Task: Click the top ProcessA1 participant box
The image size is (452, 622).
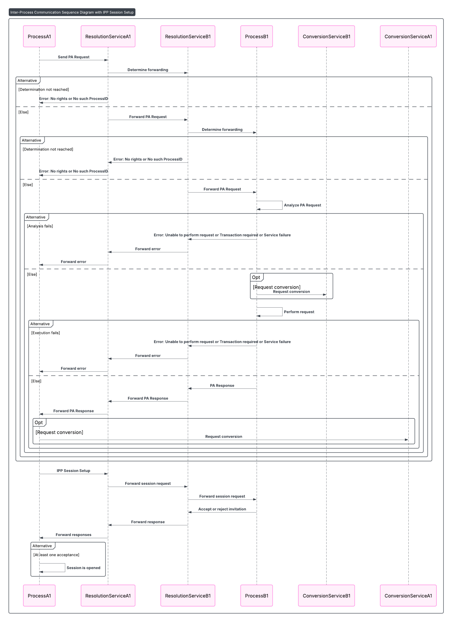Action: pyautogui.click(x=39, y=36)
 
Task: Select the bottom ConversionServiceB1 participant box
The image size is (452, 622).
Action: pyautogui.click(x=326, y=596)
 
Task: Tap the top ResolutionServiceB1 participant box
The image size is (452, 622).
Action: pyautogui.click(x=188, y=36)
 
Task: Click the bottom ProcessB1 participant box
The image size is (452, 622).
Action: pyautogui.click(x=256, y=596)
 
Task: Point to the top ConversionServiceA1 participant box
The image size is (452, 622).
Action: pyautogui.click(x=408, y=36)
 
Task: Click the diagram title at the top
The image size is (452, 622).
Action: pyautogui.click(x=72, y=12)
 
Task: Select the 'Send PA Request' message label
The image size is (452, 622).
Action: pyautogui.click(x=74, y=57)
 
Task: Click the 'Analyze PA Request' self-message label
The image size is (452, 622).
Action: pyautogui.click(x=302, y=205)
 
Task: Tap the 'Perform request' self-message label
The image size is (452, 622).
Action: pyautogui.click(x=299, y=312)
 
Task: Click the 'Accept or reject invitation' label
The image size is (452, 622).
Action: pyautogui.click(x=222, y=509)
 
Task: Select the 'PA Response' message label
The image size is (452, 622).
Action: pyautogui.click(x=222, y=386)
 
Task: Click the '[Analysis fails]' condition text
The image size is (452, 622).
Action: pyautogui.click(x=40, y=226)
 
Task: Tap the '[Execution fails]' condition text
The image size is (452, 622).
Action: pyautogui.click(x=45, y=333)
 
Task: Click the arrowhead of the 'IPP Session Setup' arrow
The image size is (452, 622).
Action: pyautogui.click(x=107, y=474)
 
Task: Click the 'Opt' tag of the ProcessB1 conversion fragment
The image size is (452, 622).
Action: pyautogui.click(x=256, y=277)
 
